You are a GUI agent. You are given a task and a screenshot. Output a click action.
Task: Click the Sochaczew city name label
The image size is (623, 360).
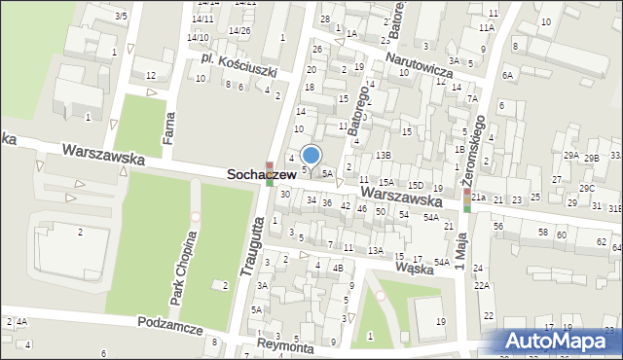point(262,174)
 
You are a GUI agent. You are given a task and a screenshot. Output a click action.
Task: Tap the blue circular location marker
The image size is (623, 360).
point(311,155)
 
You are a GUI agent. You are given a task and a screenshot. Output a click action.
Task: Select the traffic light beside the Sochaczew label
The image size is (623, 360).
point(270,172)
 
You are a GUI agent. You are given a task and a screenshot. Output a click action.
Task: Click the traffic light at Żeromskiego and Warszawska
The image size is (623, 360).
point(467,198)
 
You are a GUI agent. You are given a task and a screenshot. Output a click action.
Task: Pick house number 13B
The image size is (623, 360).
point(384,155)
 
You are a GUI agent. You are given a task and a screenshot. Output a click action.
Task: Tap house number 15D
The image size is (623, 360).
point(415,185)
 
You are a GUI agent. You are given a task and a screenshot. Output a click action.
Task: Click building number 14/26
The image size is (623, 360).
point(239,30)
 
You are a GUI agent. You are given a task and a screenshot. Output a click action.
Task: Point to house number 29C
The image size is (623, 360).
point(587,188)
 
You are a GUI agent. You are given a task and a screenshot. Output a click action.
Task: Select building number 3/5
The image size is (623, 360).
point(121,16)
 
